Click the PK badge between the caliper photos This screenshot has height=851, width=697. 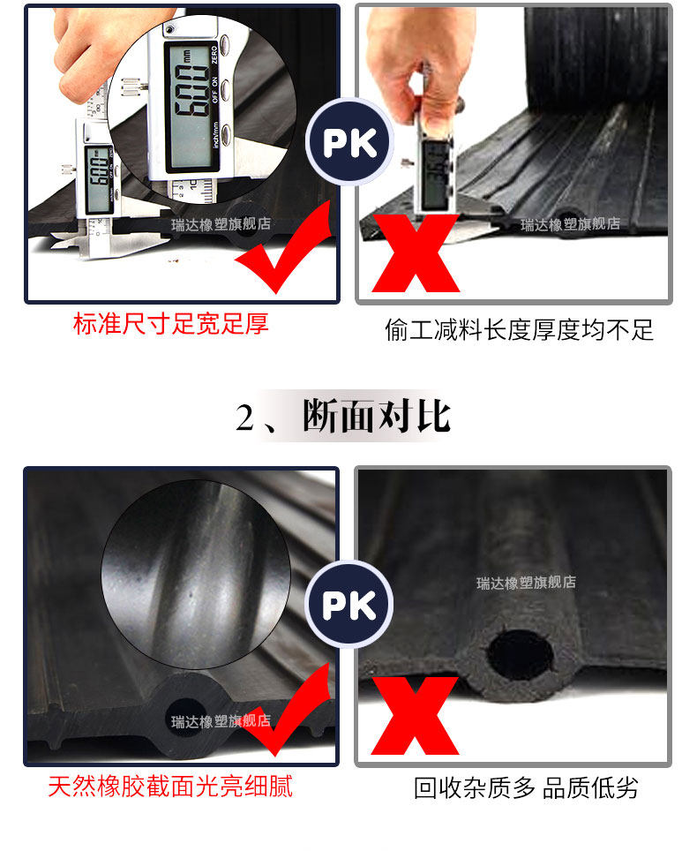(349, 142)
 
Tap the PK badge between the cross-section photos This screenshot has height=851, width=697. (349, 605)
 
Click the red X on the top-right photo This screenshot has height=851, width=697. (415, 252)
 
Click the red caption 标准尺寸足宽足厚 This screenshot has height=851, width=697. (170, 325)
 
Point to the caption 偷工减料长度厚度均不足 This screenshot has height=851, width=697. (520, 329)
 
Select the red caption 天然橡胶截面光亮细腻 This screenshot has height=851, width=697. (170, 785)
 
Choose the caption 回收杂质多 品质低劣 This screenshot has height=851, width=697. (526, 787)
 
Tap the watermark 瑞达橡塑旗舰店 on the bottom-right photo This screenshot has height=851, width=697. (526, 583)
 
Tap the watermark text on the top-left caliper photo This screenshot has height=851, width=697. (221, 224)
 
